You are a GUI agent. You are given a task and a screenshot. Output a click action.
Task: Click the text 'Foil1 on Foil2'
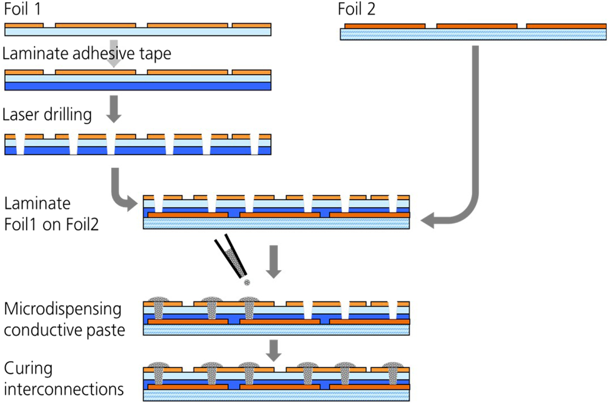(x=52, y=224)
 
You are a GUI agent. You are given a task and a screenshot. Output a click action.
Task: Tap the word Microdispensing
(x=63, y=309)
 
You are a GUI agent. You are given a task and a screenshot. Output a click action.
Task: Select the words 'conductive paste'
(x=65, y=330)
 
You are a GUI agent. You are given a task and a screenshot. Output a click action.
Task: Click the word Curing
(x=28, y=368)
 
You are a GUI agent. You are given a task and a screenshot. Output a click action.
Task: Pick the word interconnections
(x=64, y=389)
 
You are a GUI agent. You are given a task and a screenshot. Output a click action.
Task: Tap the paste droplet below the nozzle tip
(x=247, y=283)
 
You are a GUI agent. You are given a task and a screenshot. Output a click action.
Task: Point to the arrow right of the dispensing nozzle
(x=274, y=261)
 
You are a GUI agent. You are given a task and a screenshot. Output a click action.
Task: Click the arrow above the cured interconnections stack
(x=274, y=350)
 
